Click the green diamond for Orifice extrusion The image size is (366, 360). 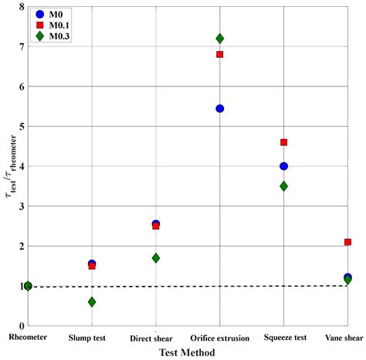point(220,38)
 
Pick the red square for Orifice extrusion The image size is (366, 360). point(220,54)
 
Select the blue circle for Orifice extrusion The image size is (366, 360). point(220,108)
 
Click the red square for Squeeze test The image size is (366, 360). point(284,142)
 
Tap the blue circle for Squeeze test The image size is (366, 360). point(284,166)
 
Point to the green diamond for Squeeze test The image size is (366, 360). point(284,186)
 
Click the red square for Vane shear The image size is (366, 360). point(348,242)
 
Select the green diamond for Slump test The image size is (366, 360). point(92,302)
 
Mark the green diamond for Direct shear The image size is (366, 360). point(156,258)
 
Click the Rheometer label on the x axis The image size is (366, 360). point(28,337)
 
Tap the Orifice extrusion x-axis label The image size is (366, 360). point(220,338)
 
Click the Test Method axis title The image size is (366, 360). point(187,352)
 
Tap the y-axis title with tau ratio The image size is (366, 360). point(7,166)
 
